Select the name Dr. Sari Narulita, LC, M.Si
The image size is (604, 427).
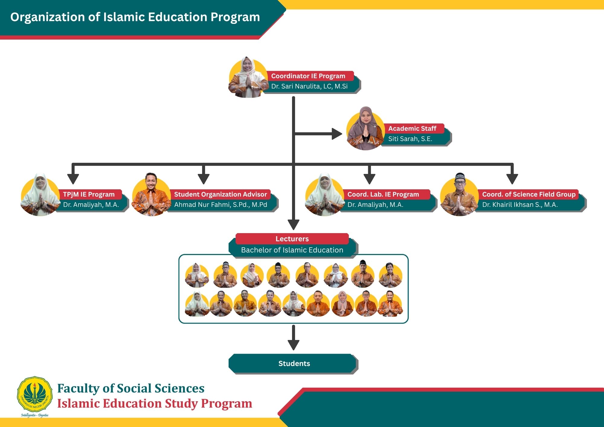309,86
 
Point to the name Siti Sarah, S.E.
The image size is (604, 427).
410,139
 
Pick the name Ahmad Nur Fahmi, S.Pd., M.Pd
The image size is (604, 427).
220,205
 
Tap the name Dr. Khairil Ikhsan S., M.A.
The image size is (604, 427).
520,205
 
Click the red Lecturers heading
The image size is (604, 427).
292,239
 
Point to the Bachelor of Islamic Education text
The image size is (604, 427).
292,250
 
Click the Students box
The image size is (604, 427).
294,364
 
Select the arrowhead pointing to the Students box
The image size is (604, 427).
293,345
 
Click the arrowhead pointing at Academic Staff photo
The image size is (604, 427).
337,134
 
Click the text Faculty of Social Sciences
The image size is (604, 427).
131,388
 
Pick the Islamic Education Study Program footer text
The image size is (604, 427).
155,404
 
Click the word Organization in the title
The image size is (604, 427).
47,17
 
